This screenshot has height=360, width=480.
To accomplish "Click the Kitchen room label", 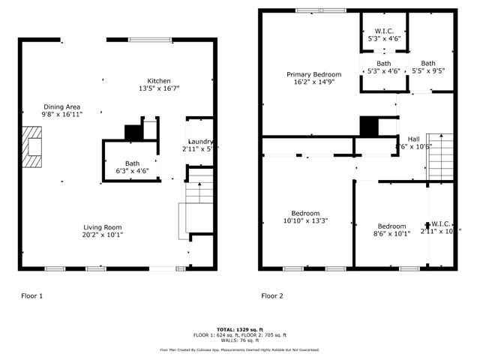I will click(158, 81).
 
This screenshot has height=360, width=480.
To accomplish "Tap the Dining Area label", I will click(62, 106).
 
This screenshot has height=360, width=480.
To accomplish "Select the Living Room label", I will click(102, 227).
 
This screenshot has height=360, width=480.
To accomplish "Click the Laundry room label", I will click(200, 141).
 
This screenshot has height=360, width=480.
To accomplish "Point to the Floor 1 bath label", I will click(132, 163).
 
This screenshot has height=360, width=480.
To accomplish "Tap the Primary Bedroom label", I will click(314, 74).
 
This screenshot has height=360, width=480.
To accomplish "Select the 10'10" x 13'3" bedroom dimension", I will click(305, 220).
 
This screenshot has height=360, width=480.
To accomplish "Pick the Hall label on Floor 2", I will click(413, 139).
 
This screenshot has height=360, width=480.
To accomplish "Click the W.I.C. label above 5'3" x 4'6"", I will click(383, 31).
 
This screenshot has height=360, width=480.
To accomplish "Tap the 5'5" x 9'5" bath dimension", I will click(428, 71).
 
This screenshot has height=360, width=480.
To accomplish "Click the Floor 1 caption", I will click(31, 296).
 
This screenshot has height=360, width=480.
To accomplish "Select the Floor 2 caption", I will click(272, 296).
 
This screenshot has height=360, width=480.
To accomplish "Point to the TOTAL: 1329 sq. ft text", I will click(239, 329).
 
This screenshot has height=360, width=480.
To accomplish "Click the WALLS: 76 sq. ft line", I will click(239, 340).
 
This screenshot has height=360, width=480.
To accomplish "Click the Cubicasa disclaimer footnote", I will click(239, 349).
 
